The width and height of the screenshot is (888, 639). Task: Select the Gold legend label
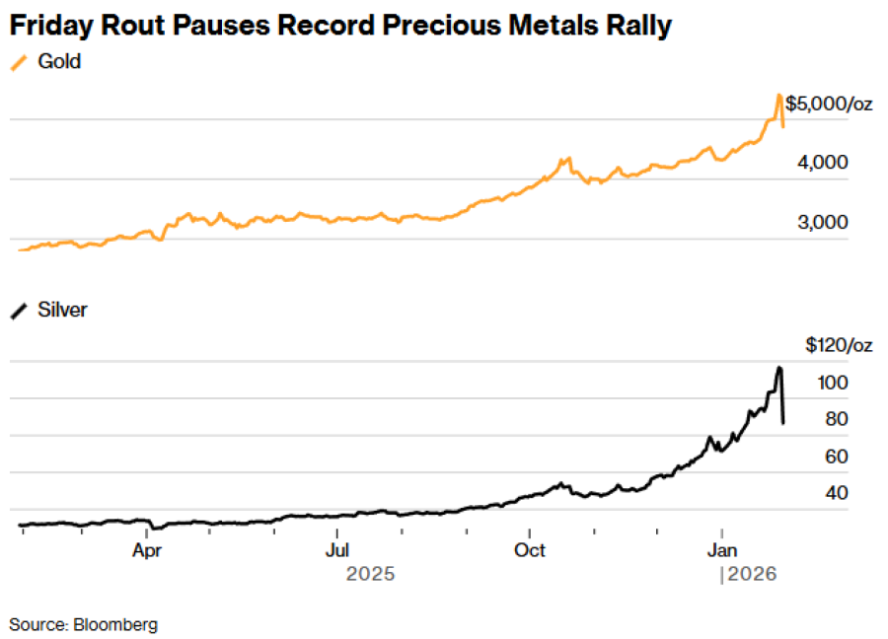(59, 62)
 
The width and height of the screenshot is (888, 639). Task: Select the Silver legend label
(62, 310)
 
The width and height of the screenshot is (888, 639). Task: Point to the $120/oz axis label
(839, 345)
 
